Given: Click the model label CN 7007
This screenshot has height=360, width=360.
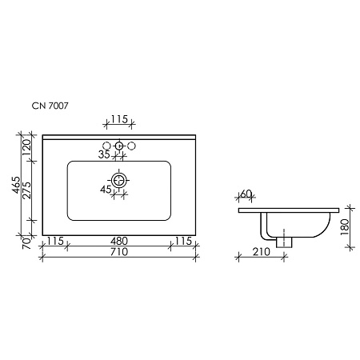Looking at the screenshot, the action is [50, 106].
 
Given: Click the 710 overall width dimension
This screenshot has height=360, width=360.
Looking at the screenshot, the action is [119, 252].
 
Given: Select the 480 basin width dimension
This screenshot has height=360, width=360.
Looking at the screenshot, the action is [119, 241].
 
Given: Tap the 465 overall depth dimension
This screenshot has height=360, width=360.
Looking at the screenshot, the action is [16, 185].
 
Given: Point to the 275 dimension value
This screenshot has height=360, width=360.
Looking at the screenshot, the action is [26, 190].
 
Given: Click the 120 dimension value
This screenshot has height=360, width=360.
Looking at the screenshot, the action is [26, 148].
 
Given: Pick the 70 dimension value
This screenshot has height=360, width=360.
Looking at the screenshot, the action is [26, 243].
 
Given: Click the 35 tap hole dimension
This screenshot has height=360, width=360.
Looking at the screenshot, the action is [104, 154].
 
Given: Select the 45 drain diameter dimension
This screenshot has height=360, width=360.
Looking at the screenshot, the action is [106, 190].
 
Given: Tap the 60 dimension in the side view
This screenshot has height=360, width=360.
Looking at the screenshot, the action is [246, 194].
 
